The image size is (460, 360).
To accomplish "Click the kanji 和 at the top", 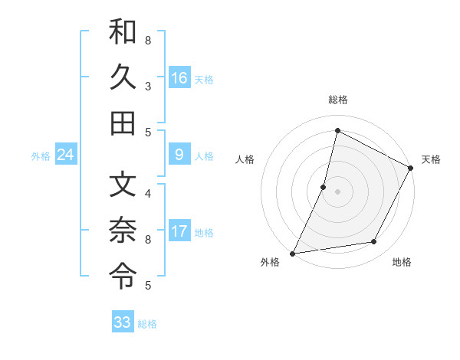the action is click(123, 33).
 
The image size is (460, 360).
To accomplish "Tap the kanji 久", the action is click(123, 77).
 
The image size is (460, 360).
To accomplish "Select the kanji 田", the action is click(123, 123).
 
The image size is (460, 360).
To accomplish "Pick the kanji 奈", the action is click(123, 229).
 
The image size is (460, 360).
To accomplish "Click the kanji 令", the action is click(123, 273).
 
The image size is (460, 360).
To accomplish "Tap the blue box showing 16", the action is click(179, 77).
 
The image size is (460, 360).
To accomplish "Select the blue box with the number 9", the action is click(179, 155).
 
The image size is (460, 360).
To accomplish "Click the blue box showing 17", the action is click(179, 231).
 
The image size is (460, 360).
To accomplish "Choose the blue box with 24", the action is click(66, 155).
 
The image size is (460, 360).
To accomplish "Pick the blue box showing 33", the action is click(123, 322).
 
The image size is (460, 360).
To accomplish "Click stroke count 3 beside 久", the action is click(147, 86).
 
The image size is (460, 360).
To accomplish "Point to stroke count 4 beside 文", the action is click(147, 193).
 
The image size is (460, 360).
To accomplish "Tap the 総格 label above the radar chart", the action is click(338, 100).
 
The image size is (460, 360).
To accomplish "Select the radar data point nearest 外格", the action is click(292, 253).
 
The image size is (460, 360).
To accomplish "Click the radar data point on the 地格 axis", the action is click(374, 242).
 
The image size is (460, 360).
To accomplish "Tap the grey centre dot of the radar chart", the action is click(337, 191).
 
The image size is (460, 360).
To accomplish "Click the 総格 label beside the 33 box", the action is click(147, 324).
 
